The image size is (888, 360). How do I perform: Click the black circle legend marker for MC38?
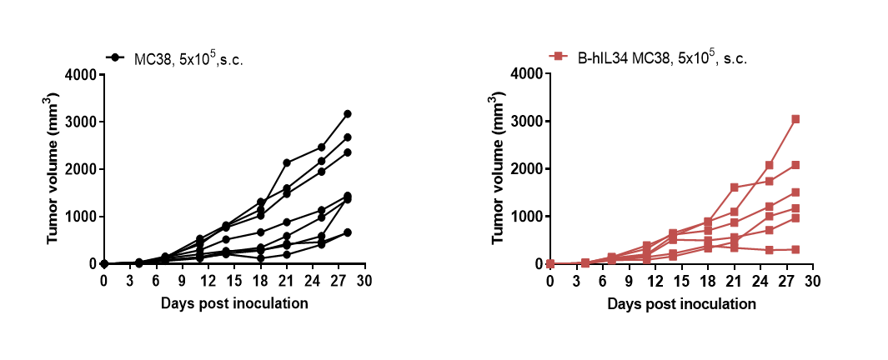coord(115,57)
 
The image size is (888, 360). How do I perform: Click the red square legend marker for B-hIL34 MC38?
coord(559,56)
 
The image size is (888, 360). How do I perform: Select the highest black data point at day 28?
coord(348,114)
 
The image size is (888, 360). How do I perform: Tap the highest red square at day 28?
coord(795,119)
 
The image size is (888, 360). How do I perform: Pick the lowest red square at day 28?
coord(795,250)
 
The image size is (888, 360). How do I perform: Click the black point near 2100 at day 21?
coord(287,163)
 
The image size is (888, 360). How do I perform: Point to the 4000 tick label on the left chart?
coord(81,74)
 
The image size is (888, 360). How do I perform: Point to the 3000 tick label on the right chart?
coord(527,122)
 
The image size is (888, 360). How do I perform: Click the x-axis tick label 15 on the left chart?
coord(234,280)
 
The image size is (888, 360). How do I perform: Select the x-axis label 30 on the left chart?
coord(364,280)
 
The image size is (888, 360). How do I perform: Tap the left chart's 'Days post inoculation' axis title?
coord(234,303)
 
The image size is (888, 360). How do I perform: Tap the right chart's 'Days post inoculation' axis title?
coord(681,304)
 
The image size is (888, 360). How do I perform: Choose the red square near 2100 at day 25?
coord(770,165)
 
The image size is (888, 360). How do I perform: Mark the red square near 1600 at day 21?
coord(735,187)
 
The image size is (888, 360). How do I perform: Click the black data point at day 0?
coord(104,264)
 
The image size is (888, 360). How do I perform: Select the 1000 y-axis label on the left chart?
coord(81,217)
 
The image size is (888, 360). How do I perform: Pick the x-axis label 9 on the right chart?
coord(629,280)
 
